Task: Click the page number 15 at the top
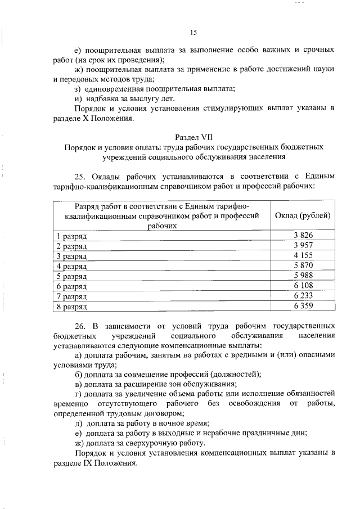coord(193,32)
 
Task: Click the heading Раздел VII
coord(193,137)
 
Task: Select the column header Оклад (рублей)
coord(303,215)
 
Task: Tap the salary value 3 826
coord(303,235)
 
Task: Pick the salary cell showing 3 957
coord(303,245)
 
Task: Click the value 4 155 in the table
coord(303,255)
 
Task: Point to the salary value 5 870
coord(303,265)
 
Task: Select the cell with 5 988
coord(303,276)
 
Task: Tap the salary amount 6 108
coord(303,286)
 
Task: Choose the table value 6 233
coord(303,296)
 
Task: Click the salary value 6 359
coord(303,306)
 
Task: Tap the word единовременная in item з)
coord(116,89)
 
